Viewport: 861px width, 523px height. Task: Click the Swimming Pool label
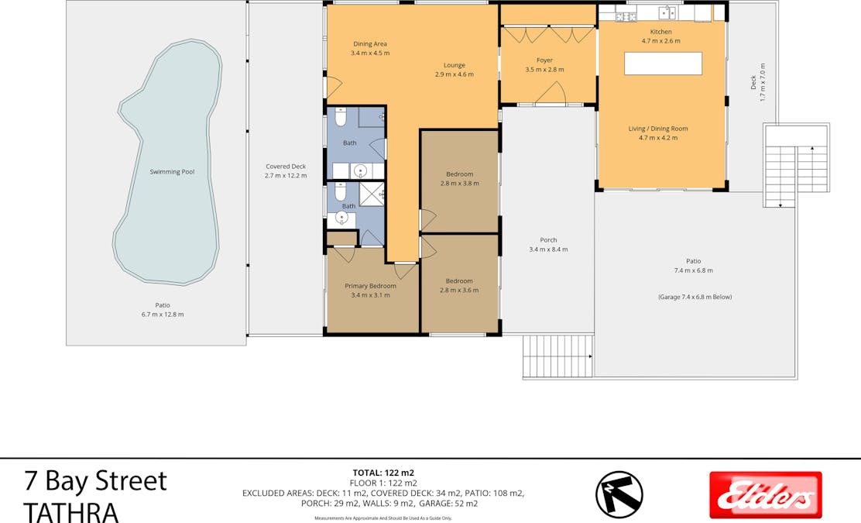tap(172, 172)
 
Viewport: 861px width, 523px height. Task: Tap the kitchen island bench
tap(664, 64)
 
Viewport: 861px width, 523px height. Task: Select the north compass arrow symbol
tap(619, 494)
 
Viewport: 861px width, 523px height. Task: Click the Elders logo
tap(766, 495)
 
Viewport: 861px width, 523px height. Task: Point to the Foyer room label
tap(544, 60)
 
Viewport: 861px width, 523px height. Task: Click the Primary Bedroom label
tap(370, 286)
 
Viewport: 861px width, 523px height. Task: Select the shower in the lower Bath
tap(372, 194)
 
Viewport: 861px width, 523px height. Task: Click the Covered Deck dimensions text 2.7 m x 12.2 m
tap(286, 176)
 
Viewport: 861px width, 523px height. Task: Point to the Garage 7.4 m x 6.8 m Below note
tap(695, 297)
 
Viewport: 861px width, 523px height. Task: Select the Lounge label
tap(454, 65)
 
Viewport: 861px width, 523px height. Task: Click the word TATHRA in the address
tap(71, 511)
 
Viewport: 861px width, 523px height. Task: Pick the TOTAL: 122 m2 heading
tap(383, 473)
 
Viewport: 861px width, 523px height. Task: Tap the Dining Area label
tap(369, 44)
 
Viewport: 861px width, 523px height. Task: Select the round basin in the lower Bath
tap(341, 219)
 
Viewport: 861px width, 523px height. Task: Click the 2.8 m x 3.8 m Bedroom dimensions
tap(459, 184)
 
